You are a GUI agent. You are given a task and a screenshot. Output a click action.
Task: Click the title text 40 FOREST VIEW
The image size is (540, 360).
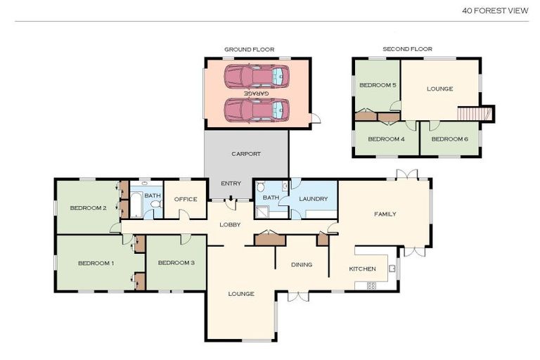495,11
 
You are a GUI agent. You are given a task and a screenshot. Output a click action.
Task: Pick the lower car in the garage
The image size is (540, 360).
257,110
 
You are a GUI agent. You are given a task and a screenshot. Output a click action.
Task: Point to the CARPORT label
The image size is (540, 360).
246,153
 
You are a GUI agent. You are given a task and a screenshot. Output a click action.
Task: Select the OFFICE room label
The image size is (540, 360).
186,199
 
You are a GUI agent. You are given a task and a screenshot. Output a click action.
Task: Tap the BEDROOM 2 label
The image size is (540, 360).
88,208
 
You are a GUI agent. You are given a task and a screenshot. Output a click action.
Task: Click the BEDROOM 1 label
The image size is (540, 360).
96,263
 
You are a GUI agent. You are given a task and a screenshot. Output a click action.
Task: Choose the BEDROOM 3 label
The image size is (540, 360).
176,263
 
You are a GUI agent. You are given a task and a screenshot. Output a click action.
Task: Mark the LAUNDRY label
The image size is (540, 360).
313,199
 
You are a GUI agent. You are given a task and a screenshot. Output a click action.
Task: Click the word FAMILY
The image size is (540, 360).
385,214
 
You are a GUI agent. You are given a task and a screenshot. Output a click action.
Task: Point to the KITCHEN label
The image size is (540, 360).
363,269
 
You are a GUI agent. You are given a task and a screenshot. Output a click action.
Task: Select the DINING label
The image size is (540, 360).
302,264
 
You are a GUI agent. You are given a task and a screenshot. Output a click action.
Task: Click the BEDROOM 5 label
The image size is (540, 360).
378,86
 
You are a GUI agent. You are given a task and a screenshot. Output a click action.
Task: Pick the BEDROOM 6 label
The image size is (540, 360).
449,139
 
